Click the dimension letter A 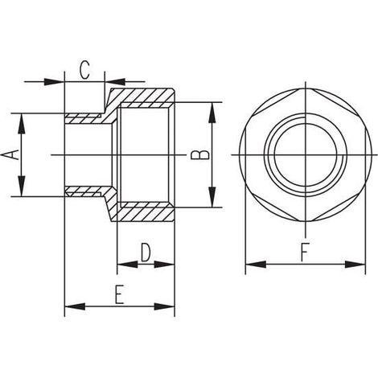tap(11, 154)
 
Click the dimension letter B tap(200, 155)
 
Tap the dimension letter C tap(84, 70)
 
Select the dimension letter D tap(146, 253)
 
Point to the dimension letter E tap(120, 295)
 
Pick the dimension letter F tap(305, 253)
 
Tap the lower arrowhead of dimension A tap(21, 186)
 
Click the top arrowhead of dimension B tap(212, 113)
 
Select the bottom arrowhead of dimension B tap(212, 197)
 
